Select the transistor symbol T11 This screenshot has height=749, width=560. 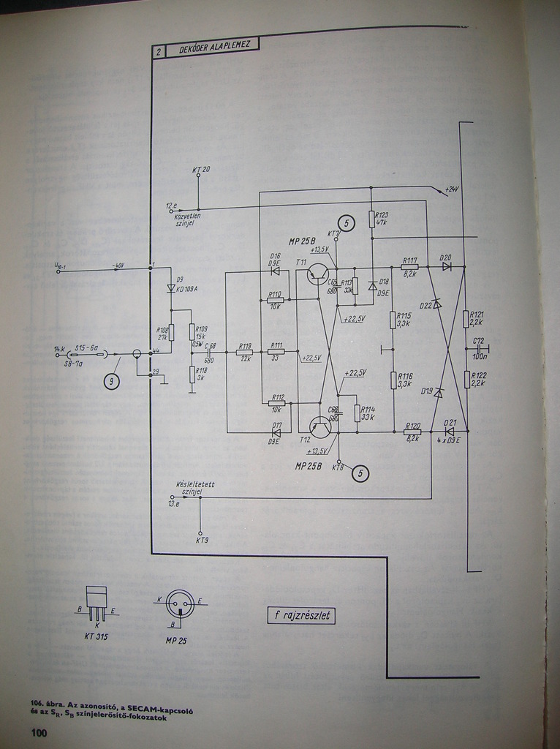(x=318, y=274)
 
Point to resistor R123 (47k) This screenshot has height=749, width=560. (x=371, y=219)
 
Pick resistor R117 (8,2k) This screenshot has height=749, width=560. (x=409, y=267)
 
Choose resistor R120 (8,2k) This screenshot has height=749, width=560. (x=412, y=432)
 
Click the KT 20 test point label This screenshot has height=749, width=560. (x=201, y=170)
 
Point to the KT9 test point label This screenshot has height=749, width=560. (x=202, y=540)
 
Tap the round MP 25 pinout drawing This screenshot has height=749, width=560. (x=179, y=604)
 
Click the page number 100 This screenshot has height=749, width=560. (x=38, y=732)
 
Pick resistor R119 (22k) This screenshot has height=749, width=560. (x=245, y=352)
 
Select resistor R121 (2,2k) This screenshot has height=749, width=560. (x=466, y=319)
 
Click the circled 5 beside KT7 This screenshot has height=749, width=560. (x=347, y=222)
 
